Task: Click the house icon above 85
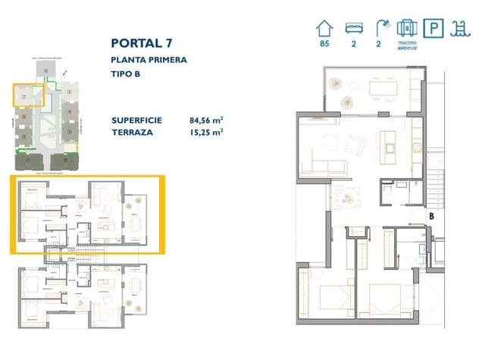tap(324, 27)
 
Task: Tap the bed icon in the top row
tap(353, 28)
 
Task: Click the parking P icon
tap(434, 28)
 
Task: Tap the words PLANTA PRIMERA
tap(149, 60)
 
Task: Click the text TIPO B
tap(126, 74)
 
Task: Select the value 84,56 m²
tap(206, 120)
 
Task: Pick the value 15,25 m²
tap(206, 132)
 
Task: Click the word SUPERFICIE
tap(136, 120)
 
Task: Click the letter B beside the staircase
tap(431, 215)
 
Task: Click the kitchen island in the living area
tap(393, 142)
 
